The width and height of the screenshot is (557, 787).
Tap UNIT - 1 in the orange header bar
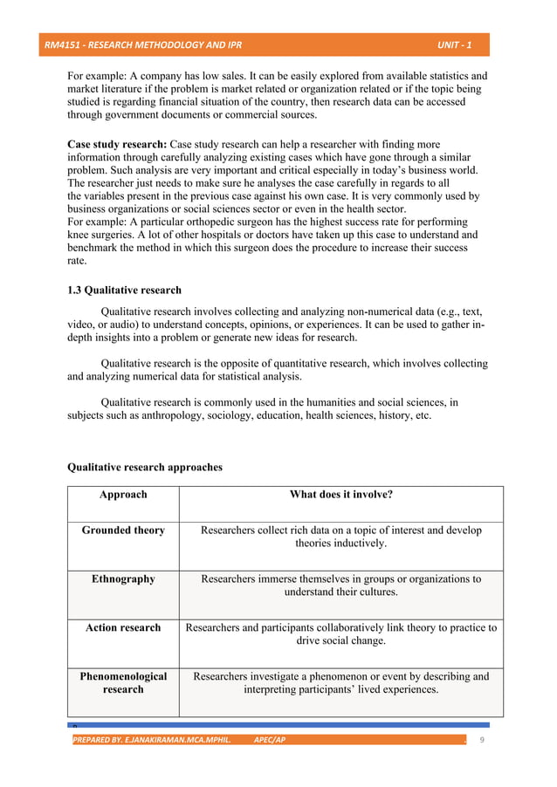[454, 44]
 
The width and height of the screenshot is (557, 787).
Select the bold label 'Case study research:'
[117, 144]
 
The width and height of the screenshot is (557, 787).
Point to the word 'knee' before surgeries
[79, 235]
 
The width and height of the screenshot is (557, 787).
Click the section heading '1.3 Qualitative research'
[124, 291]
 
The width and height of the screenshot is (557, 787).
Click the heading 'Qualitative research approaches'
[144, 468]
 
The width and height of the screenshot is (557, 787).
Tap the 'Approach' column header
[123, 495]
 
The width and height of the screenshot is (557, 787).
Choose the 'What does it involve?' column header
[340, 495]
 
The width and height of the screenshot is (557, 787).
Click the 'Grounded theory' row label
[123, 530]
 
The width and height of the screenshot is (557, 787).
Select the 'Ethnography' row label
[123, 579]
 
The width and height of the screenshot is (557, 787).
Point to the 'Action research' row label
[123, 628]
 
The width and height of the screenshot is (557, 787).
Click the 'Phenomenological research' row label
[123, 683]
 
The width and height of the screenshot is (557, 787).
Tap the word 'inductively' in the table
[357, 544]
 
